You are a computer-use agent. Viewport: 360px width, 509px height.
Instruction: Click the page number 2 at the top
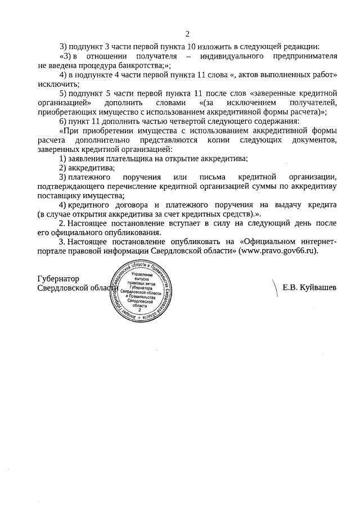pyautogui.click(x=188, y=33)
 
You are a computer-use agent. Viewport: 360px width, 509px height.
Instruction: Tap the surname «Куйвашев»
pyautogui.click(x=316, y=287)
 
